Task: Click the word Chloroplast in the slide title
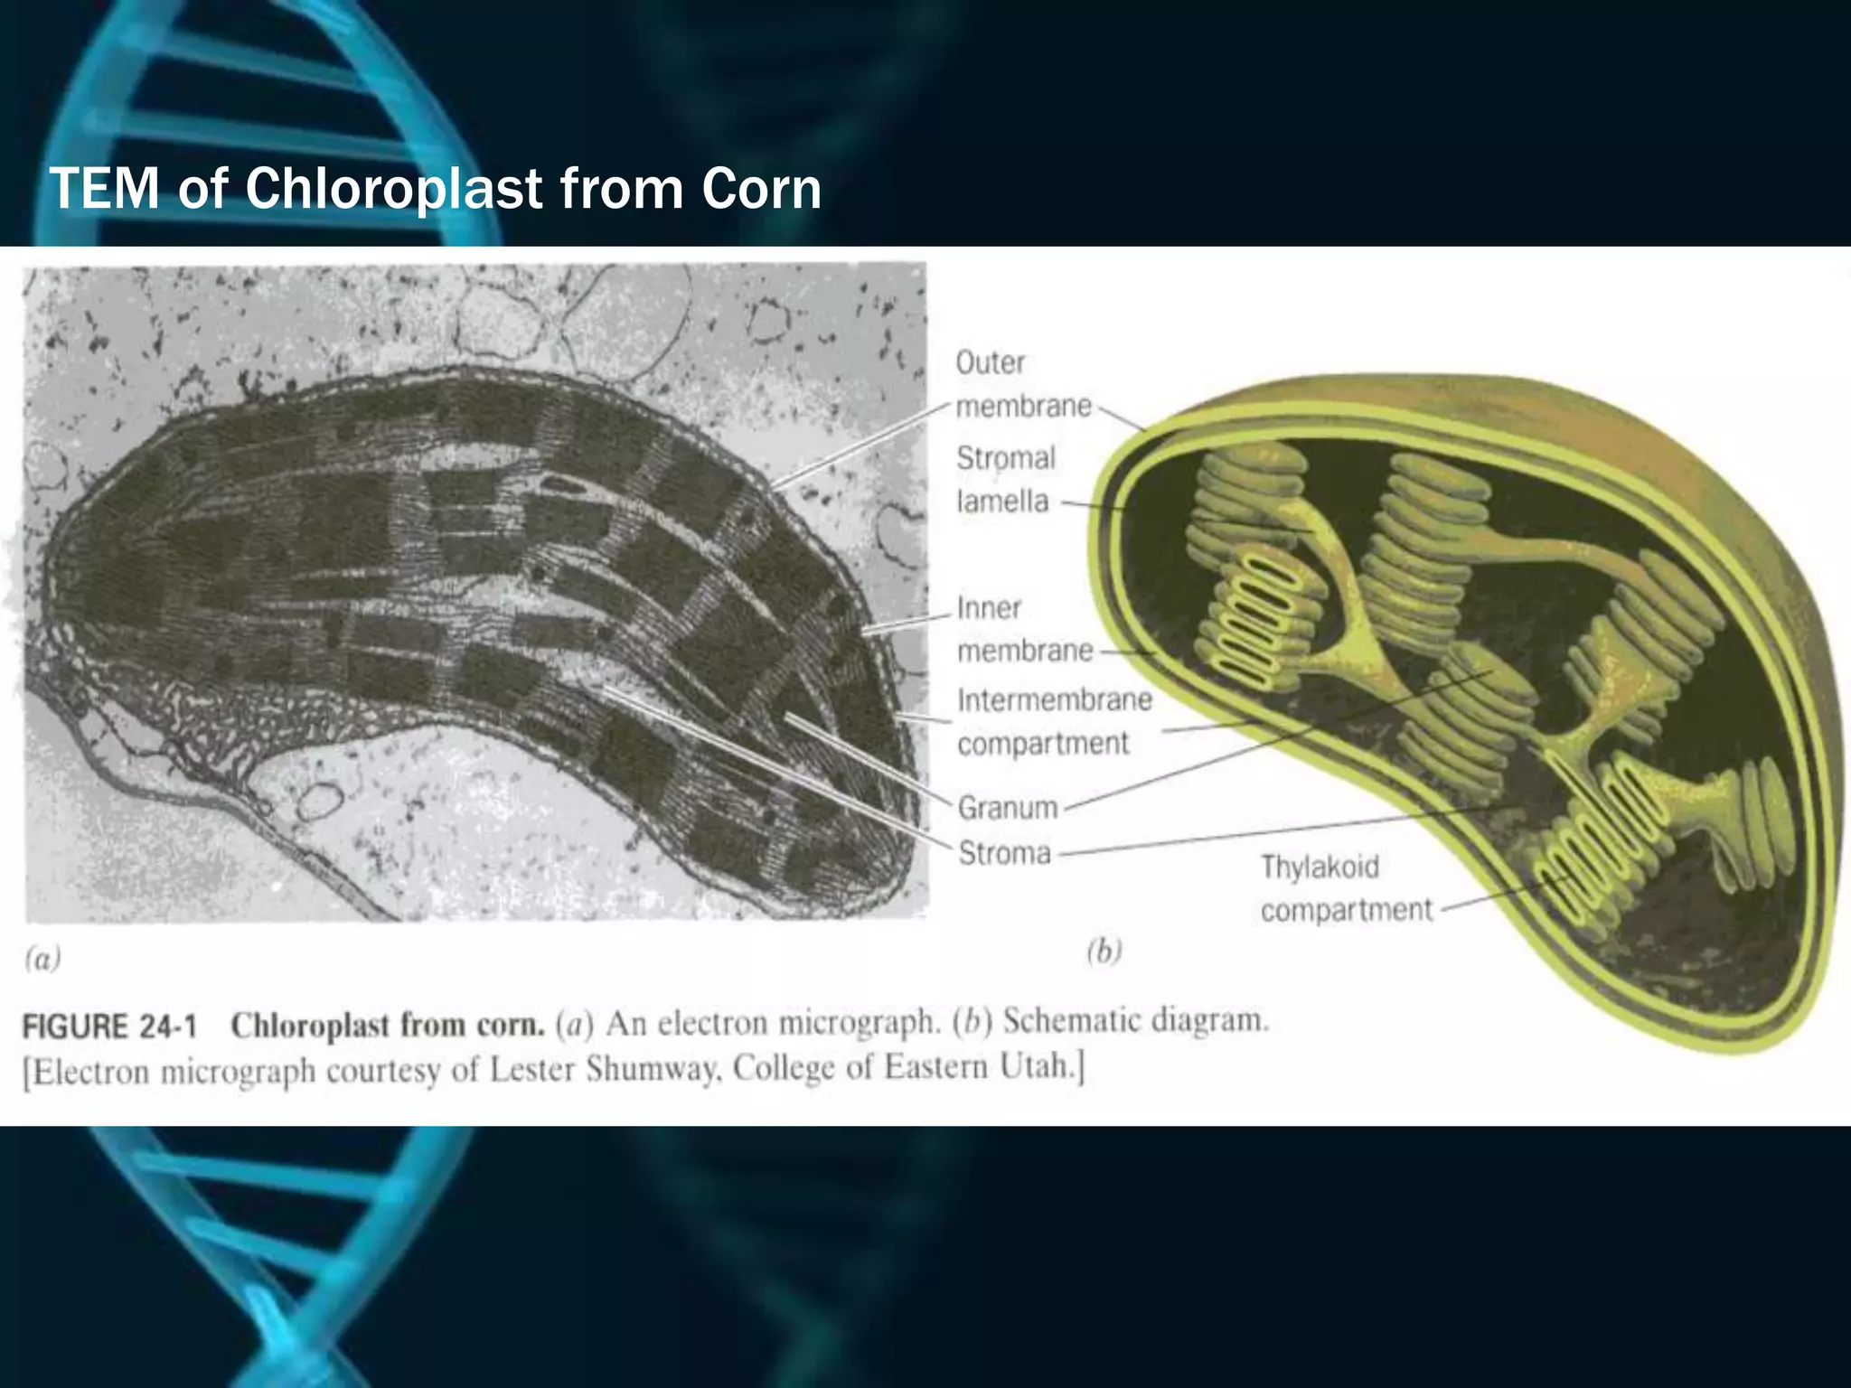(x=394, y=190)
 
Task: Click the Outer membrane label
(x=1022, y=385)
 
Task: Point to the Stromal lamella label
(x=1005, y=480)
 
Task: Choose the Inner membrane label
(x=1024, y=629)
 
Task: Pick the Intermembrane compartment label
(x=1054, y=721)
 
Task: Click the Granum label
(x=1007, y=807)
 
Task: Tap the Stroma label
(x=1004, y=853)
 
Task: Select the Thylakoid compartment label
(x=1346, y=888)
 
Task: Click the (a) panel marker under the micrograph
(x=42, y=958)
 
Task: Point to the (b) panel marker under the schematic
(x=1104, y=951)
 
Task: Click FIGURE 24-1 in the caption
(x=109, y=1027)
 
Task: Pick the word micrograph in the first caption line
(x=860, y=1023)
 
